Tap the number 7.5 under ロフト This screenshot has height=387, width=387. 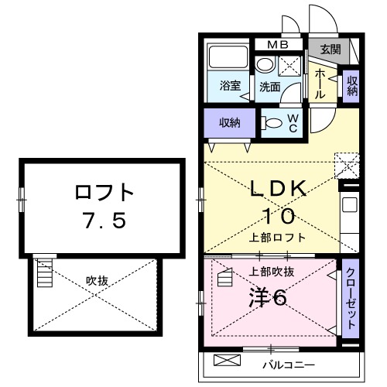tap(104, 221)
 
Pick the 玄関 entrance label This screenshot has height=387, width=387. tap(330, 50)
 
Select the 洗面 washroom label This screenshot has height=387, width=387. tap(269, 86)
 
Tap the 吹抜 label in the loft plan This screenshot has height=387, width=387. tap(97, 280)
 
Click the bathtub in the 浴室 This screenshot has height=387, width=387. tap(228, 58)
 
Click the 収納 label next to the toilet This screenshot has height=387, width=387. tap(228, 122)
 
